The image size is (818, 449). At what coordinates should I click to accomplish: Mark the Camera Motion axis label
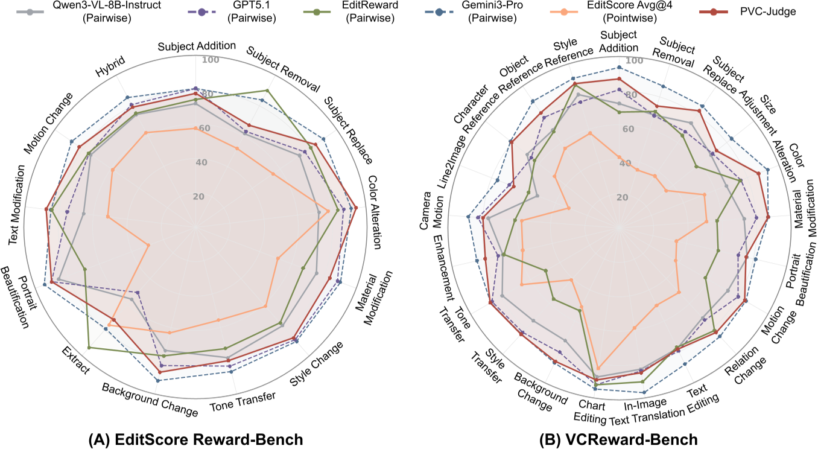click(x=428, y=211)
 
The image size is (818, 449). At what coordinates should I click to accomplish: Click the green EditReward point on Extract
click(x=89, y=348)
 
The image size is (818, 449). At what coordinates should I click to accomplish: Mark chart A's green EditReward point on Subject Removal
click(x=267, y=91)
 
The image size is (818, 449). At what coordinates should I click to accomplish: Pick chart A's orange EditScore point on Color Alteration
click(x=328, y=211)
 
